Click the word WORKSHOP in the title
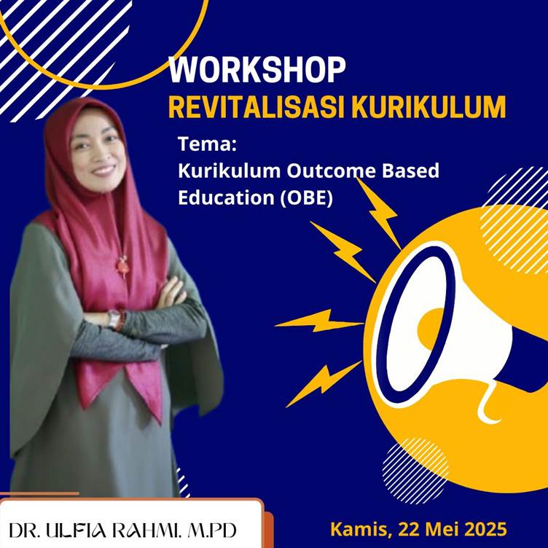pos(257,70)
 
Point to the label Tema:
pos(207,144)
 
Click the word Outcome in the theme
pos(331,171)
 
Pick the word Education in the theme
pos(226,197)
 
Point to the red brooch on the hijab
pos(122,265)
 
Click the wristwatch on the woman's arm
pos(114,318)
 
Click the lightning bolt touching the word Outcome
pos(379,214)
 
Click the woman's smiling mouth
pos(103,171)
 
